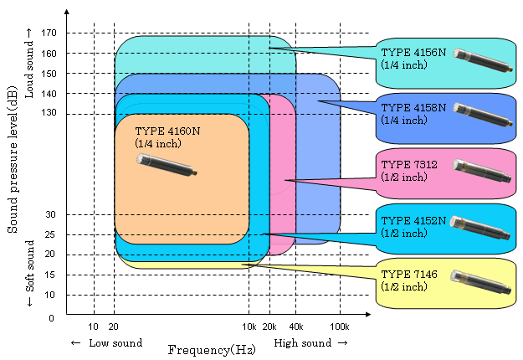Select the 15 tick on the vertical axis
(x=50, y=275)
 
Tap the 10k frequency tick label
(x=249, y=327)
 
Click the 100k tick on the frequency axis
(x=338, y=327)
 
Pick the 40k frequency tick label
(x=295, y=327)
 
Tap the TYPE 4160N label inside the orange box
(x=167, y=131)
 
